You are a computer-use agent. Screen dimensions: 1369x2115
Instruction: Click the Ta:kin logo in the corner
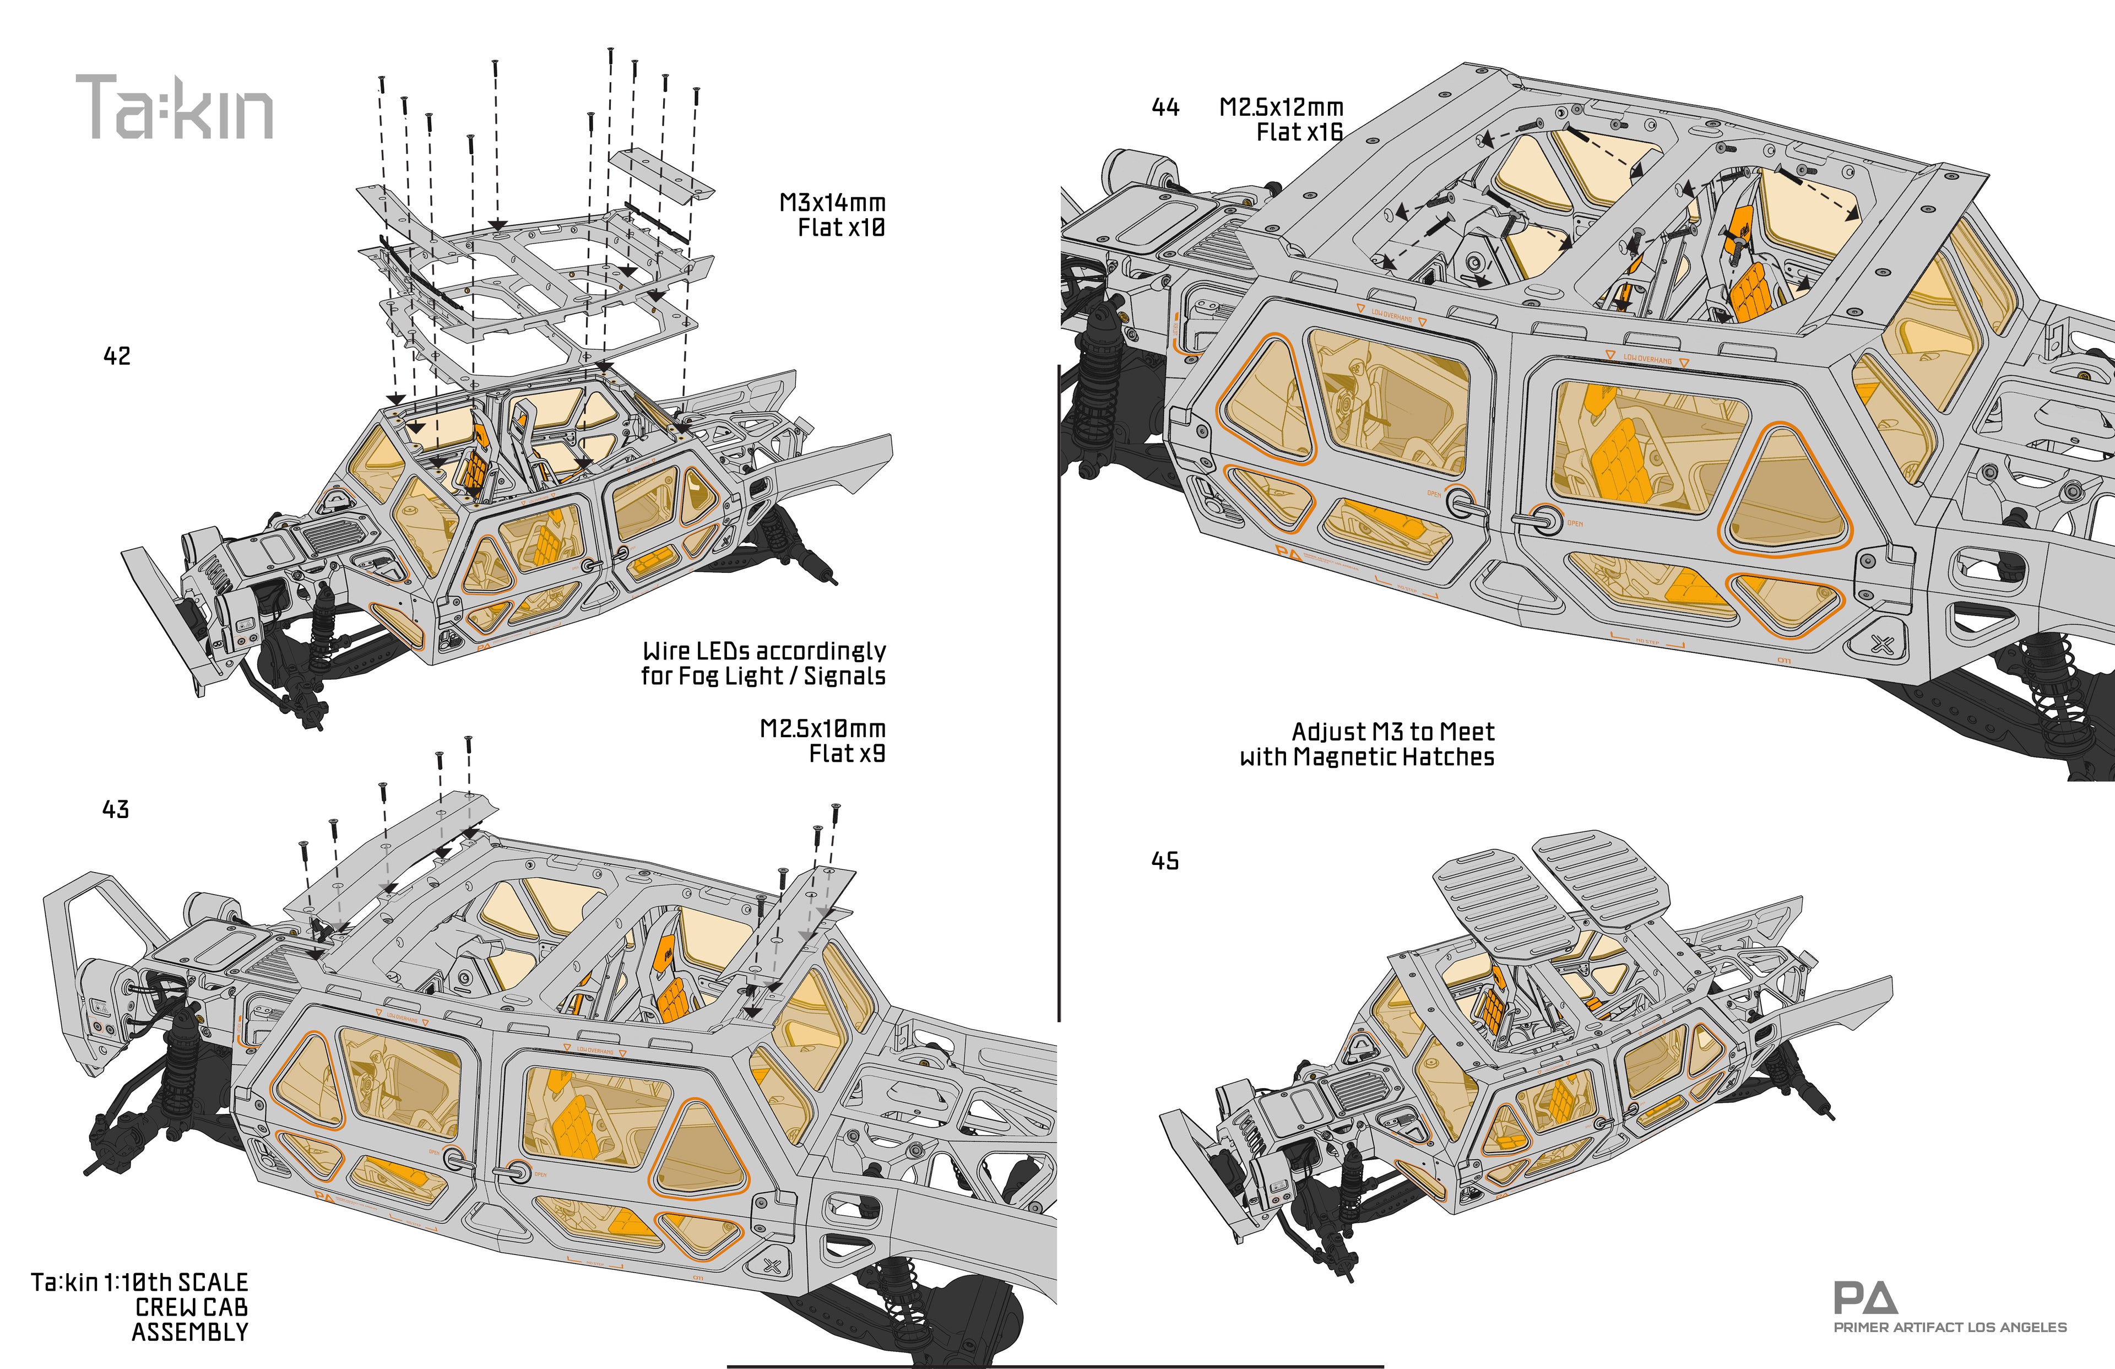(174, 107)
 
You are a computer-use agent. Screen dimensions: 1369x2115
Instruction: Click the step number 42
(117, 356)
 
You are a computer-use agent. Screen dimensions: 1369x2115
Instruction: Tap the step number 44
(1165, 107)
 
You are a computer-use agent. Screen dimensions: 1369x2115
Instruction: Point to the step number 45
(1165, 861)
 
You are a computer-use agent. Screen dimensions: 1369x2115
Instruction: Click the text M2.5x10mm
(822, 729)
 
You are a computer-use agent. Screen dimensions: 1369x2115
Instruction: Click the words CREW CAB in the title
(191, 1308)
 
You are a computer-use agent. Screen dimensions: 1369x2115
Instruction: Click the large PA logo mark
(1864, 1299)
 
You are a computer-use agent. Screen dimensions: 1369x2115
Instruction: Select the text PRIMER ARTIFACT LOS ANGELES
(1950, 1327)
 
